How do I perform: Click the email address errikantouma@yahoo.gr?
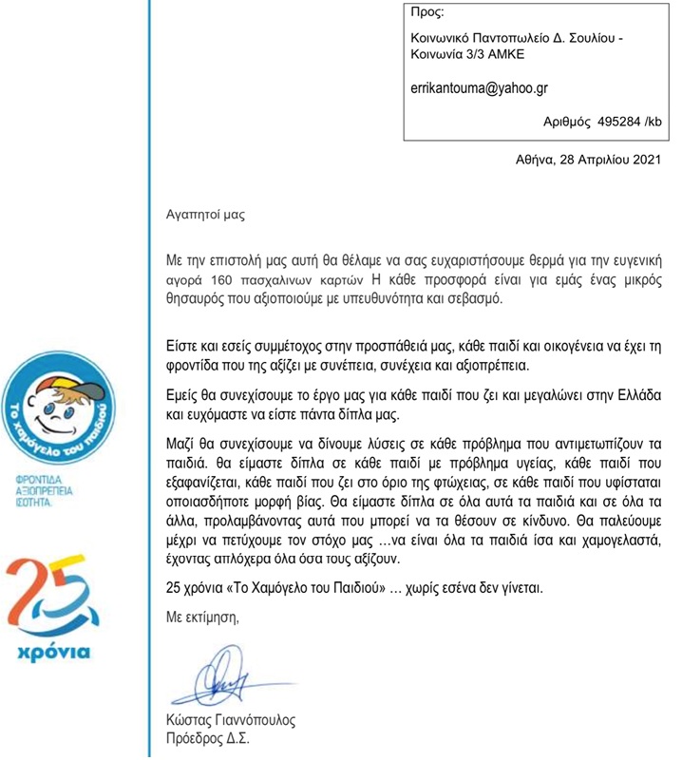(x=477, y=88)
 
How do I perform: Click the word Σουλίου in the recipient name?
(x=578, y=37)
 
